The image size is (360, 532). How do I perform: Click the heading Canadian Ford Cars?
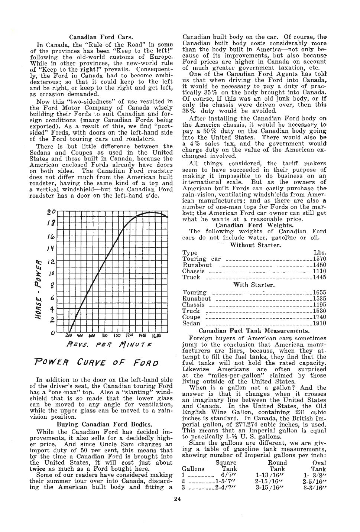(101, 37)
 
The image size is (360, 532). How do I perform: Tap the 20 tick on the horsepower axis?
(51, 213)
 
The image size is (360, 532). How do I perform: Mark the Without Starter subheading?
(255, 245)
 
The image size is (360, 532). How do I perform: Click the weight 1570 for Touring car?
(320, 259)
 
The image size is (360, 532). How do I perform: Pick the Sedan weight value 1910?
(320, 323)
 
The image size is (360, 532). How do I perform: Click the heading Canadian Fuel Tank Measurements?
(254, 331)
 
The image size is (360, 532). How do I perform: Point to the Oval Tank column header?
(319, 466)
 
